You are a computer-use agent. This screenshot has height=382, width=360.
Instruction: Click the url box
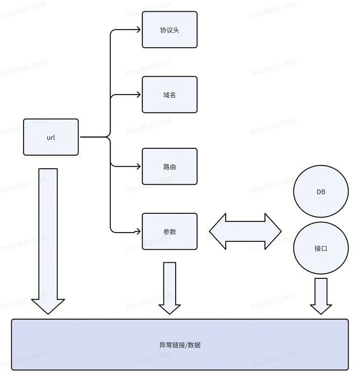(x=51, y=137)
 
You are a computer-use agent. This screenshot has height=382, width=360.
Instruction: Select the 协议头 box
(x=169, y=30)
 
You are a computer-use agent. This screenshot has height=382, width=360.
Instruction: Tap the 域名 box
(x=169, y=95)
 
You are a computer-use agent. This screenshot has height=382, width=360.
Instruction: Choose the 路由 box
(x=169, y=167)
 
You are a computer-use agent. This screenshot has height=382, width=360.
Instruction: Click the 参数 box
(x=169, y=232)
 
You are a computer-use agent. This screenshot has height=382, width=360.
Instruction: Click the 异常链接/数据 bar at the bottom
(x=180, y=344)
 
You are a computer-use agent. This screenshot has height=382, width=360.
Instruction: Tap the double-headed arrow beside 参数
(x=245, y=232)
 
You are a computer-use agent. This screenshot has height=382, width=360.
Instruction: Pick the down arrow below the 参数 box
(x=170, y=287)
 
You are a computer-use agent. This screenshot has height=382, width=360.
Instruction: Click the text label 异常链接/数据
(x=180, y=345)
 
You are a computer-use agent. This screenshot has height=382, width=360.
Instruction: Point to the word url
(x=51, y=138)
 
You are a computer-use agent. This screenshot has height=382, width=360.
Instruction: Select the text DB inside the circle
(x=321, y=192)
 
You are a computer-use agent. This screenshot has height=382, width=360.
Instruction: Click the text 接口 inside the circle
(x=321, y=249)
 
